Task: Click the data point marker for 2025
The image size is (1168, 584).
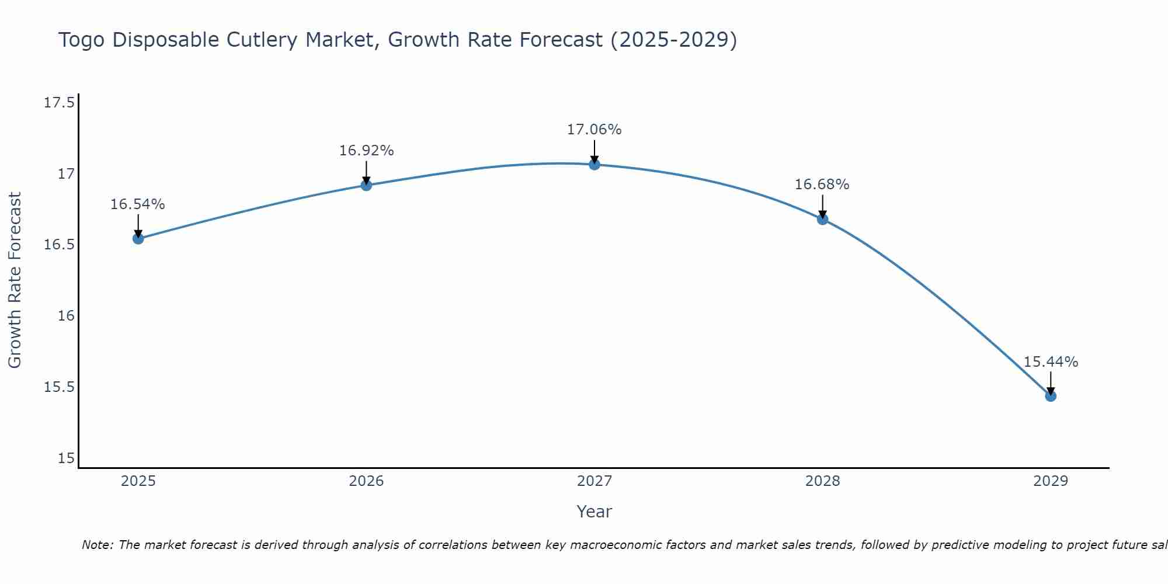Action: click(x=138, y=238)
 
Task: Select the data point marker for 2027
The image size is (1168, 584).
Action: click(x=595, y=165)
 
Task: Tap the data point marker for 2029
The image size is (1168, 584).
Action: click(x=1051, y=396)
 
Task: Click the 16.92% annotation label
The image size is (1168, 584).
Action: click(x=366, y=151)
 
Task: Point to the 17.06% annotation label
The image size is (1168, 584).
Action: click(x=594, y=130)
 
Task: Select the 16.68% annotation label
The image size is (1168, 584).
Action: click(x=822, y=185)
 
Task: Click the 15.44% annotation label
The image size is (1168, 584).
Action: click(x=1051, y=362)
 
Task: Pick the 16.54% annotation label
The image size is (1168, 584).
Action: click(x=137, y=204)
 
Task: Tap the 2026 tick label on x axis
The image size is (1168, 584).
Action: click(x=366, y=481)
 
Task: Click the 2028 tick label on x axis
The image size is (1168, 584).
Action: click(x=822, y=481)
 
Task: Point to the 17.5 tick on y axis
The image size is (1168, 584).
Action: click(x=59, y=103)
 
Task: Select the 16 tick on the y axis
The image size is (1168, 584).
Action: click(x=67, y=316)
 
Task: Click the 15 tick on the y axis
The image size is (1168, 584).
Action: click(x=67, y=458)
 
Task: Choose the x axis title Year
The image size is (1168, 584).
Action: click(x=594, y=512)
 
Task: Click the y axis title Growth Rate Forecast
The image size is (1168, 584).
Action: click(x=15, y=280)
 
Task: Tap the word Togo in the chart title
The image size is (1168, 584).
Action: click(x=82, y=40)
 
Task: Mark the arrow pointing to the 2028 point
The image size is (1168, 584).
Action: click(x=822, y=206)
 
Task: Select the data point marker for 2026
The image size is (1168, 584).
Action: click(x=366, y=185)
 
